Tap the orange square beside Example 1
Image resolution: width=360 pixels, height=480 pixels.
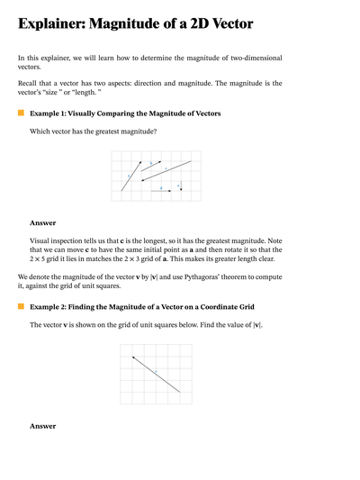point(21,113)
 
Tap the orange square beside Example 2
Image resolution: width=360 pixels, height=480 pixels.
point(21,306)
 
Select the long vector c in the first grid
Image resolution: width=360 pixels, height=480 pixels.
point(166,170)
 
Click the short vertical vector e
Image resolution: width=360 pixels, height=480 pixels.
point(181,187)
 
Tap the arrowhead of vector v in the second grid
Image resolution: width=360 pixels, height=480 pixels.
point(134,358)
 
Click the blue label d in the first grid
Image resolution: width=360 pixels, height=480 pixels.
point(161,187)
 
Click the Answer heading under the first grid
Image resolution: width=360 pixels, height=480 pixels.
point(43,222)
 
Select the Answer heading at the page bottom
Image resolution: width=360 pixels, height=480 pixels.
point(43,426)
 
